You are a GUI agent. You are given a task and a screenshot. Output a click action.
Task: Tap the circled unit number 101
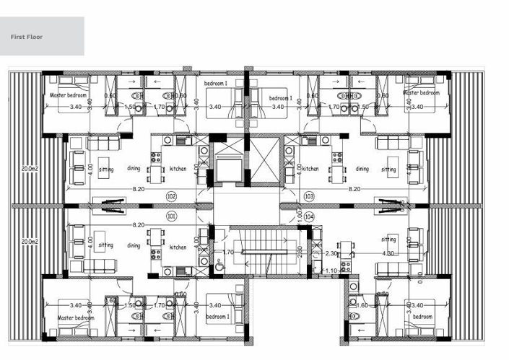[x=171, y=215]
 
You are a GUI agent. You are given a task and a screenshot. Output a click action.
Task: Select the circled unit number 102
[x=171, y=196]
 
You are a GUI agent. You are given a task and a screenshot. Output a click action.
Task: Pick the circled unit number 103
[x=309, y=196]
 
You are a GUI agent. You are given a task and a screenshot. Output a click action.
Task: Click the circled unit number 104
[x=309, y=216]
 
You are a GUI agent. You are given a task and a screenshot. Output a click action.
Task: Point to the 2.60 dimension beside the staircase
[x=300, y=253]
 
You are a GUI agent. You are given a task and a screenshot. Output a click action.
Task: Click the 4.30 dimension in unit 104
[x=387, y=253]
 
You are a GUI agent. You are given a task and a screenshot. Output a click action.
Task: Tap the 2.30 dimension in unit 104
[x=331, y=253]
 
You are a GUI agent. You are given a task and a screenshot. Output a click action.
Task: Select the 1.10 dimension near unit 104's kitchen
[x=331, y=271]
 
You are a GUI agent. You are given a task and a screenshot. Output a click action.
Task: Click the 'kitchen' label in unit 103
[x=310, y=169]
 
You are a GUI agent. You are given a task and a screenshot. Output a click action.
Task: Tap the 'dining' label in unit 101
[x=134, y=245]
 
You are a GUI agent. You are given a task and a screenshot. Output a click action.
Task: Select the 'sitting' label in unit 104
[x=388, y=239]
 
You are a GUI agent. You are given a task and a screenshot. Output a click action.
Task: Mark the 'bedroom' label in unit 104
[x=422, y=317]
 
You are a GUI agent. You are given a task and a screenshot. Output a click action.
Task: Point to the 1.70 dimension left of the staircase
[x=228, y=253]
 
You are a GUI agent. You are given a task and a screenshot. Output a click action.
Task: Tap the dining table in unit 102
[x=155, y=174]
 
